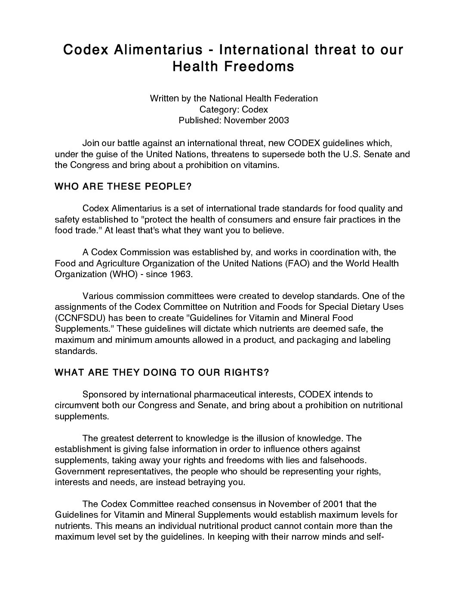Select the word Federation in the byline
coord(297,98)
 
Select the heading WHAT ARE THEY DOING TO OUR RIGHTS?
coord(162,373)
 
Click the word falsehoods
coord(339,460)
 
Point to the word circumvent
coord(75,405)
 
